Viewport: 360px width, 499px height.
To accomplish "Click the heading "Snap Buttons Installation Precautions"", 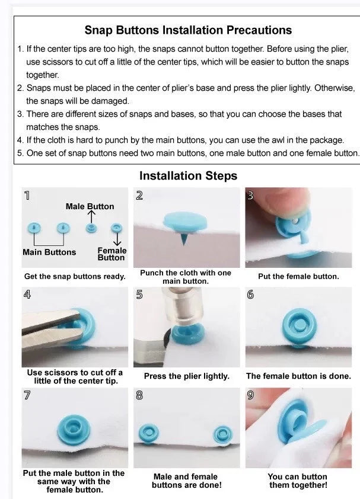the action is tap(188, 30).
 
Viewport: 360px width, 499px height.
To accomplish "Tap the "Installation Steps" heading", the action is tap(188, 175).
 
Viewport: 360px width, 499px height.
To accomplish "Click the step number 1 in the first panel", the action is tap(27, 196).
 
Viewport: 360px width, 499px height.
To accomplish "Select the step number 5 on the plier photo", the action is tap(139, 295).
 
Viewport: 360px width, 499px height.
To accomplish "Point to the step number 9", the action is tap(250, 395).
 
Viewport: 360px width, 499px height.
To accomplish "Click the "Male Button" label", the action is tap(90, 206).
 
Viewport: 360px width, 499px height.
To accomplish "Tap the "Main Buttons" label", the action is tap(49, 252).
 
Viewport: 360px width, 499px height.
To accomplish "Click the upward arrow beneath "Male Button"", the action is tap(91, 217).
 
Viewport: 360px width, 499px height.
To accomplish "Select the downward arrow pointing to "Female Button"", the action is tap(117, 239).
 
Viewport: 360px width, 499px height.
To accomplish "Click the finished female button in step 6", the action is tap(299, 325).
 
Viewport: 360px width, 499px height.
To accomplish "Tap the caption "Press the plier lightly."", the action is tap(187, 376).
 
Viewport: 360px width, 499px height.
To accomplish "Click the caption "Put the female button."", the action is tap(298, 276).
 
